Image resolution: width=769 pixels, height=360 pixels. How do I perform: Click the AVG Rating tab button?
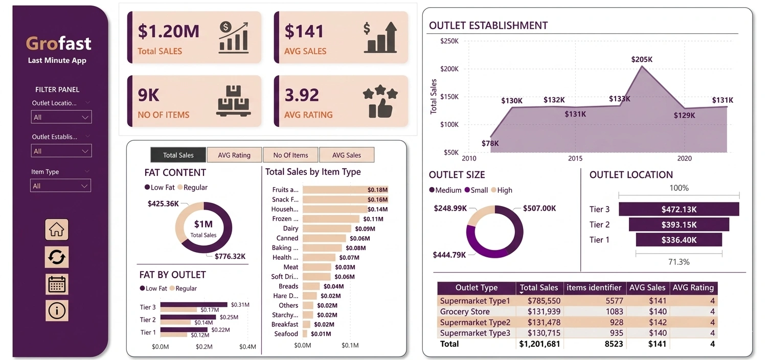(x=234, y=155)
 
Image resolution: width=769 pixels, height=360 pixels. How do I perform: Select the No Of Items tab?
(x=290, y=155)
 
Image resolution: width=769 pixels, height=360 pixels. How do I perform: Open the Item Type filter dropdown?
(x=61, y=186)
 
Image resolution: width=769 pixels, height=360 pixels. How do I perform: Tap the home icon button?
(x=57, y=230)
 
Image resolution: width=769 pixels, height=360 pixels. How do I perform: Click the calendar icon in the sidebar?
(x=57, y=284)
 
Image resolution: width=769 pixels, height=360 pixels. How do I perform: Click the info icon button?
(x=57, y=310)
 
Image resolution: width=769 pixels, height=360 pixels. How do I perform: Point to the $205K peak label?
(x=642, y=59)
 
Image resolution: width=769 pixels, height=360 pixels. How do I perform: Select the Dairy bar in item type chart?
(x=327, y=229)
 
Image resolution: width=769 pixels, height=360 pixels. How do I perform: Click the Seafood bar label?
(x=286, y=334)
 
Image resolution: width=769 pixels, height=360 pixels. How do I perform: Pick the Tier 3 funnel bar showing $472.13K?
(x=678, y=209)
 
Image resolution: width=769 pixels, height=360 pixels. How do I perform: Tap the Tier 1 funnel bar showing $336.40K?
(x=678, y=240)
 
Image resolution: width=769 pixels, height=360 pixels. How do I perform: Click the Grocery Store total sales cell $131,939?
(x=540, y=311)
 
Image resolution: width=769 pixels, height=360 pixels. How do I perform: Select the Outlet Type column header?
(x=476, y=287)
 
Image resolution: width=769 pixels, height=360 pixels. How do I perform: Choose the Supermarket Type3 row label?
(x=475, y=333)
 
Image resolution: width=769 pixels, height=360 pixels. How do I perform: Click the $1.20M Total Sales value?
(x=168, y=31)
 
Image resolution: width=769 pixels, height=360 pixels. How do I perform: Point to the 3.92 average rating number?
(x=302, y=95)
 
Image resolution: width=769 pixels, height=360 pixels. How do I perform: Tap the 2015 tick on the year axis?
(x=575, y=159)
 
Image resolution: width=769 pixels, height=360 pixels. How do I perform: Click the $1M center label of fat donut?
(x=203, y=224)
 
